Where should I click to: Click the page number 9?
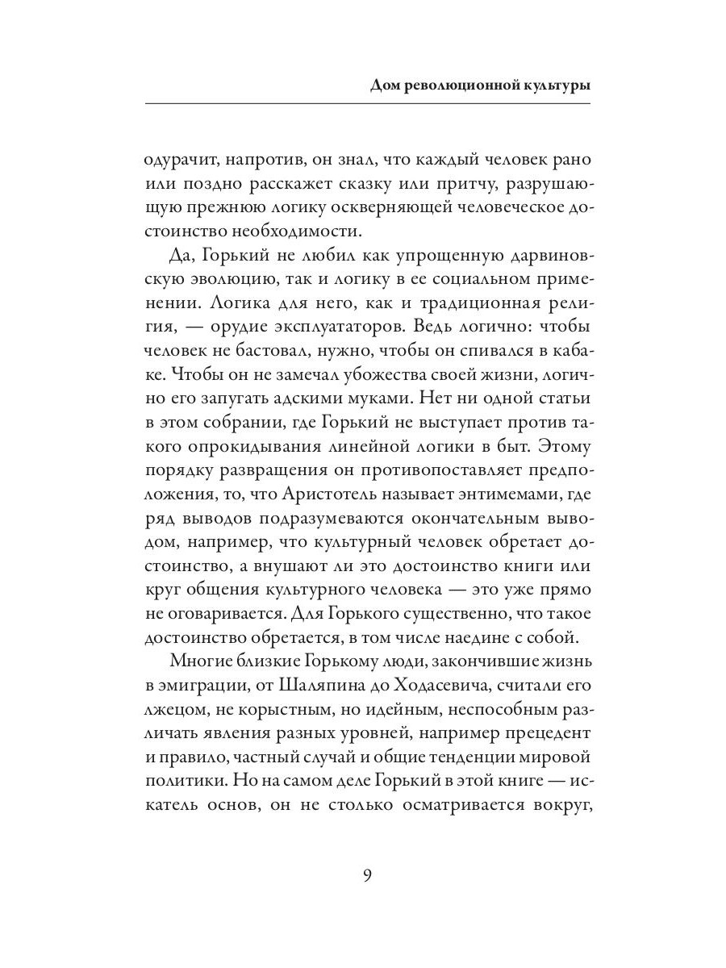pos(367,876)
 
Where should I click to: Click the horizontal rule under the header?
pos(367,104)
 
